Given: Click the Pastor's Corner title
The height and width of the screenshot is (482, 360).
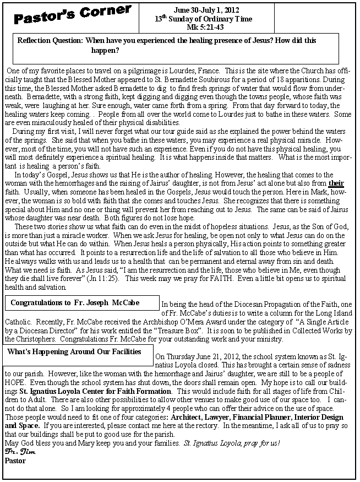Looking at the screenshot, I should point(74,16).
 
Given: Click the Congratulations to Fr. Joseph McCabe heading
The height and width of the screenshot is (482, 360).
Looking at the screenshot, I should point(75,303).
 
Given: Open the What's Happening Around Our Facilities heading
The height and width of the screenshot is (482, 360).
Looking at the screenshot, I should point(74,351).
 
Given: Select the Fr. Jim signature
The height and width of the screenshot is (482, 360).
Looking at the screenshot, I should point(17,452).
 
